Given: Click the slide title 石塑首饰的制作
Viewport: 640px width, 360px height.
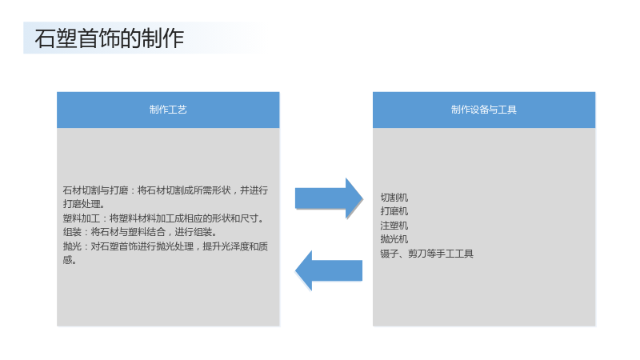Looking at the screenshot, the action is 110,38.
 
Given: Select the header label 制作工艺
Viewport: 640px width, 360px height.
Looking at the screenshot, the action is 168,110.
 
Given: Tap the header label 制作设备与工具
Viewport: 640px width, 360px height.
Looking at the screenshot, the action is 484,110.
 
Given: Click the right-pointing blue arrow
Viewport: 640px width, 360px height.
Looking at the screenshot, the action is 329,198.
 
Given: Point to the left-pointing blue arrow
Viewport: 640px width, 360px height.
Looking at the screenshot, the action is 329,270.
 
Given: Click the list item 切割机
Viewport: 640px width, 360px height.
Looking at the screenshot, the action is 394,198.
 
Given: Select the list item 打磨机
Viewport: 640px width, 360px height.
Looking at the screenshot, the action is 394,211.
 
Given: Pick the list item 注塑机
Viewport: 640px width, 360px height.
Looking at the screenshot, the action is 394,226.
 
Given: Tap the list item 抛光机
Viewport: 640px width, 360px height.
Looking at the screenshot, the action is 394,239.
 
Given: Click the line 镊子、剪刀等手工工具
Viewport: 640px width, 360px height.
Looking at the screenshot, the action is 427,254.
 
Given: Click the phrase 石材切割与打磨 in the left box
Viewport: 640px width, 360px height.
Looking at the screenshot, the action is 95,190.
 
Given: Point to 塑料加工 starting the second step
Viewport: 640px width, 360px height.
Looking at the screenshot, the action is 82,218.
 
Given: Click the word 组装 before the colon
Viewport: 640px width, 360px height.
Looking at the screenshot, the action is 72,232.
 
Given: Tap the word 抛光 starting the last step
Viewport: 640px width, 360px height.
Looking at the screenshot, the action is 72,246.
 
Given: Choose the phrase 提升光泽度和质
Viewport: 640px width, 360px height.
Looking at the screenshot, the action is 235,246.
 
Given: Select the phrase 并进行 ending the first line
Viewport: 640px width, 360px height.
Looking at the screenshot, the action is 254,190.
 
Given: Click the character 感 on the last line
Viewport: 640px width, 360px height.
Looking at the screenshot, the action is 67,260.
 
